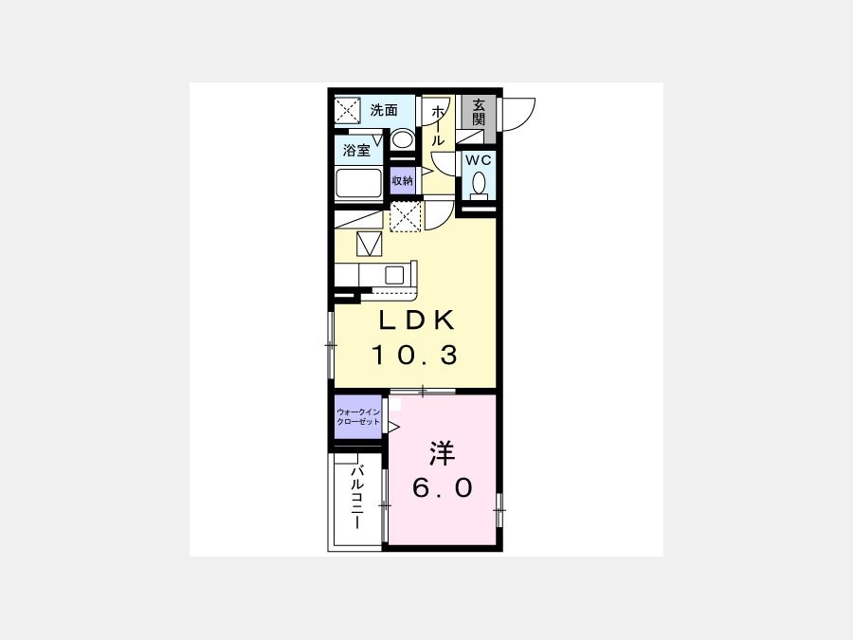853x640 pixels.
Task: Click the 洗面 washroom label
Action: point(384,111)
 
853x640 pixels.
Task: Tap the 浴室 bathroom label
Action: point(356,150)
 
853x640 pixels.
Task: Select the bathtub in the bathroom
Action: point(358,183)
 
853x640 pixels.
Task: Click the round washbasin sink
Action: point(402,138)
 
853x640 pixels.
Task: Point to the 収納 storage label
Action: point(403,181)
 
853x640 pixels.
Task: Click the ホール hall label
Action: point(437,126)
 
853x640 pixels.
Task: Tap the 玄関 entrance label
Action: point(479,112)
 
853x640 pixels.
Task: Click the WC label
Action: point(479,160)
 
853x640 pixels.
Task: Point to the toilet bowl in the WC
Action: point(480,182)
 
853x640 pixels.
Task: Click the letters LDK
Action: point(416,320)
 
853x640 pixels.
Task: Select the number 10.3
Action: point(414,356)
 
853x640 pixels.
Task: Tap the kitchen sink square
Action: point(394,275)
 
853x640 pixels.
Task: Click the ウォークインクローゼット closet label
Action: point(358,417)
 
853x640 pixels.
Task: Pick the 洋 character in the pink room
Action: point(442,453)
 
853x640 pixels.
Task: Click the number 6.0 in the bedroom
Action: point(443,488)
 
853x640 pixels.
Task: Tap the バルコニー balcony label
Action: point(357,497)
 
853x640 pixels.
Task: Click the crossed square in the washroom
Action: point(348,111)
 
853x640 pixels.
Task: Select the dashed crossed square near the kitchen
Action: point(406,216)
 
